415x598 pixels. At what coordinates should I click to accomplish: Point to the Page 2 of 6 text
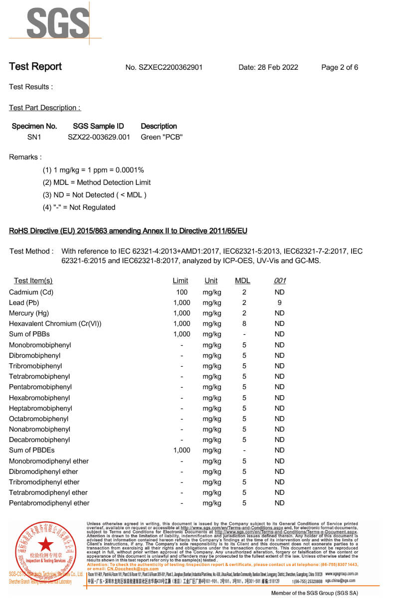(x=340, y=68)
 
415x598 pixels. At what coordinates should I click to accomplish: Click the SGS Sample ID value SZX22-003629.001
(x=99, y=137)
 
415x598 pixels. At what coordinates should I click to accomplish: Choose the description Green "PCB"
(x=162, y=137)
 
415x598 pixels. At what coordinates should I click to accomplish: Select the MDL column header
(x=242, y=281)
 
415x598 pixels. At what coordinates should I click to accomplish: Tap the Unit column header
(x=211, y=281)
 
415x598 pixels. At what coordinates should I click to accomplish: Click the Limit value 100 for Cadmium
(x=182, y=292)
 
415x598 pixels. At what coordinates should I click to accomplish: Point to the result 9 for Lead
(x=279, y=302)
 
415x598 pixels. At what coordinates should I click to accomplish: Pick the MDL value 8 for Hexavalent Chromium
(x=244, y=324)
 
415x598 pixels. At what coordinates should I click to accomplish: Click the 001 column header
(x=280, y=281)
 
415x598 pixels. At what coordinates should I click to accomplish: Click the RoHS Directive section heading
(x=128, y=231)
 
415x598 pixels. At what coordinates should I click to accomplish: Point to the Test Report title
(x=35, y=67)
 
